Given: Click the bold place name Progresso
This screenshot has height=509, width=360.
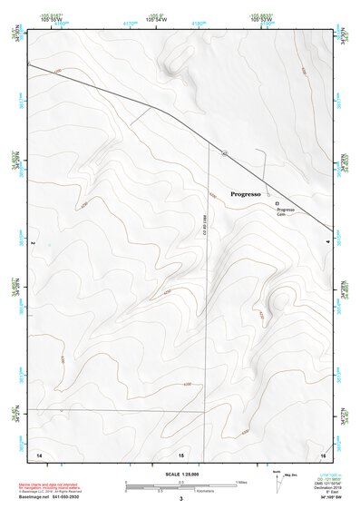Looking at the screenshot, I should coord(245,194).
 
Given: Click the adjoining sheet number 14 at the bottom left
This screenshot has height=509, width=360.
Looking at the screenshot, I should coord(39,452).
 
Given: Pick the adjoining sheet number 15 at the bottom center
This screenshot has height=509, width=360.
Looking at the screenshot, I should coord(181,452).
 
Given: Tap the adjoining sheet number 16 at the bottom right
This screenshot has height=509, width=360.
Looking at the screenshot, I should coord(323,452).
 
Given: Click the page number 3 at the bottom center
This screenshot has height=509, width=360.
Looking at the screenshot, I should coord(181,500).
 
